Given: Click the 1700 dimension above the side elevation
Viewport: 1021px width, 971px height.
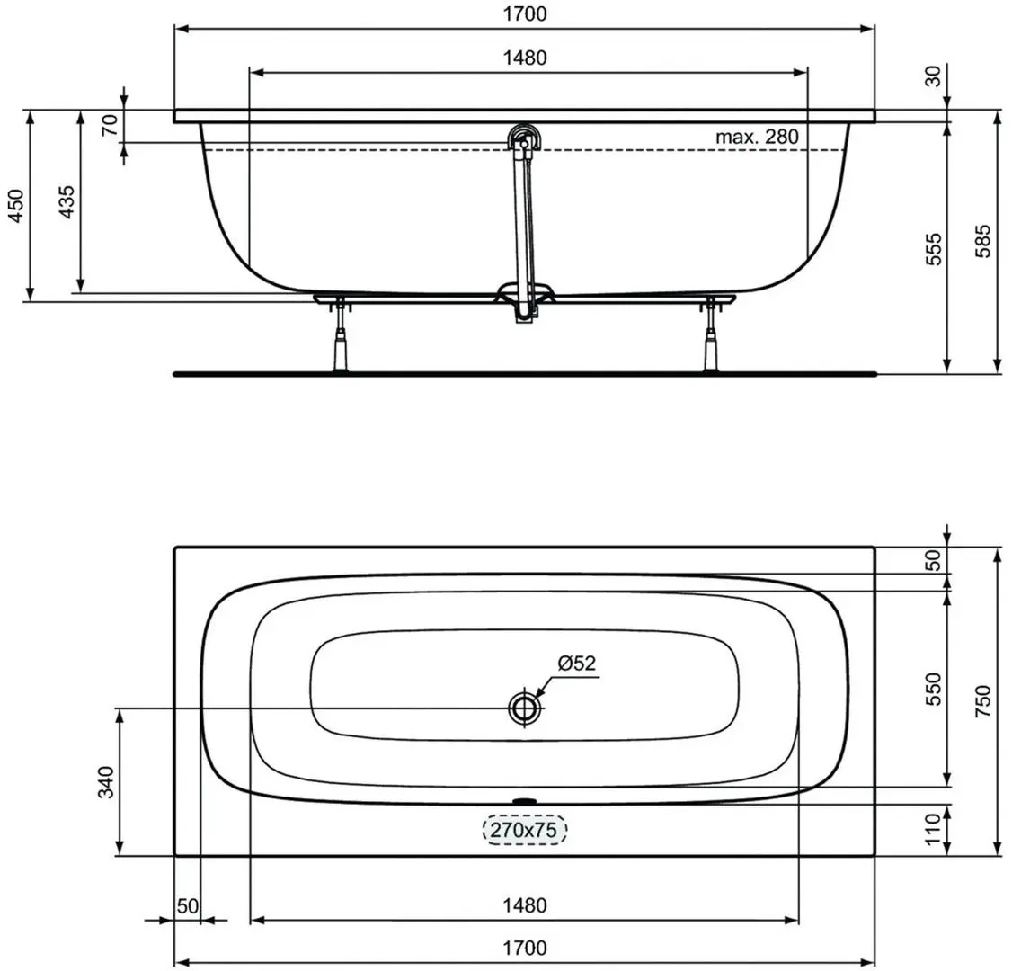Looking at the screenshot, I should click(x=525, y=13).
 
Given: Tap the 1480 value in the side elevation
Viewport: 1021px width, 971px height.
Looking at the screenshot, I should click(x=525, y=58).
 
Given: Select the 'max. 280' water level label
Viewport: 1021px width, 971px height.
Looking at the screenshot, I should click(x=757, y=137).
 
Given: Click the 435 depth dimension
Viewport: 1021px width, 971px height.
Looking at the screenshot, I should click(x=67, y=201).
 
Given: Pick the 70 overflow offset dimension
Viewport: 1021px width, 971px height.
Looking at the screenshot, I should click(x=110, y=125).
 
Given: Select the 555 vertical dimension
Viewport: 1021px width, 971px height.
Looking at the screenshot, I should click(x=934, y=248).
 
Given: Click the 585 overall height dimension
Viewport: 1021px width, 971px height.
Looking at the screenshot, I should click(x=983, y=241).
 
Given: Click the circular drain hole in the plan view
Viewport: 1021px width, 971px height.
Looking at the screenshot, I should click(x=523, y=708).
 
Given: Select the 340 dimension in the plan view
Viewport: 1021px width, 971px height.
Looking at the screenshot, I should click(x=106, y=782).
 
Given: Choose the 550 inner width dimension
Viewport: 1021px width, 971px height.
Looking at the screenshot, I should click(x=934, y=689).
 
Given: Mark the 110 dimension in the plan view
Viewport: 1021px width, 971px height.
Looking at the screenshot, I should click(x=934, y=830).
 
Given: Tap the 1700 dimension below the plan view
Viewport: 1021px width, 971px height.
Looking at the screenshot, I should click(x=525, y=948).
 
